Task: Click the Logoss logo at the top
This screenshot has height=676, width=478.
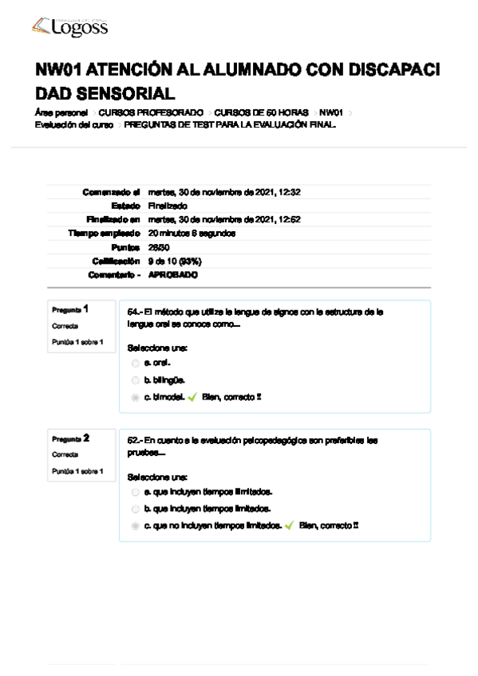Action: (x=69, y=28)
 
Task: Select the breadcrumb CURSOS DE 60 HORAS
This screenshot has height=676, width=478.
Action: (x=261, y=113)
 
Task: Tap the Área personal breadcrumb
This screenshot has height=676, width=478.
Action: (x=61, y=113)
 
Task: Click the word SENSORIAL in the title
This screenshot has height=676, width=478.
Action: (x=129, y=92)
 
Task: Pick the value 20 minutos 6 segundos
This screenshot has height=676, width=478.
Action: (x=192, y=233)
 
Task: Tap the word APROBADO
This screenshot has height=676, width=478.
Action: (x=173, y=274)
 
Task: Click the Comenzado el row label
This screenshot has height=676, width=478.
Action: (x=111, y=192)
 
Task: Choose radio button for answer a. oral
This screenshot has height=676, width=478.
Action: (x=136, y=363)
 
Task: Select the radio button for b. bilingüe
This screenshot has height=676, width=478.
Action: (x=136, y=380)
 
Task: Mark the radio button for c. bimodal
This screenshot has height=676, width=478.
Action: (x=136, y=397)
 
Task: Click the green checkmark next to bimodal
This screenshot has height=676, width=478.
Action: (x=192, y=397)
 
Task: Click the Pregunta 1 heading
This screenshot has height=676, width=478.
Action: (x=70, y=309)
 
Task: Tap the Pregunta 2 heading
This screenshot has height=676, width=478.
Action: (x=70, y=438)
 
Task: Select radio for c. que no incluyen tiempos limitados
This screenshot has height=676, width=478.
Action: (x=136, y=526)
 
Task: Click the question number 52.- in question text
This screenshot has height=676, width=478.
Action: (x=135, y=440)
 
